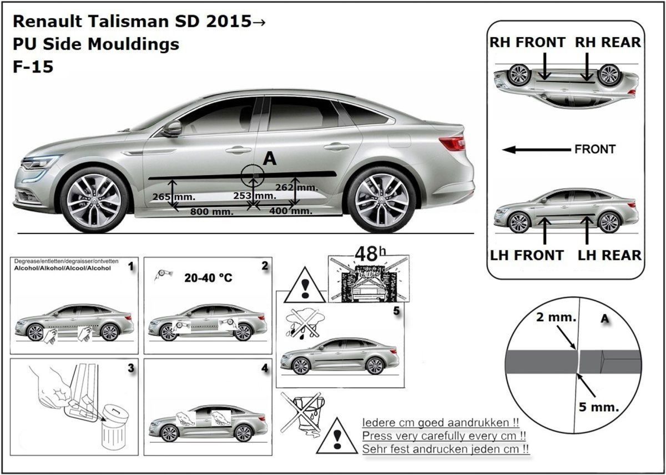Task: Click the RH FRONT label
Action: coord(527,43)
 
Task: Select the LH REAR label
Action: coord(609,255)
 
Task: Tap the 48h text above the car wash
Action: coord(364,254)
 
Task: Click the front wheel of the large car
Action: coord(94,199)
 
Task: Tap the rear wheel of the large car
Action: coord(382,199)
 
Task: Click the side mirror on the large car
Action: coord(172,128)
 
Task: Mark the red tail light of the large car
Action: coord(452,143)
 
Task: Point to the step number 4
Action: coord(264,368)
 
